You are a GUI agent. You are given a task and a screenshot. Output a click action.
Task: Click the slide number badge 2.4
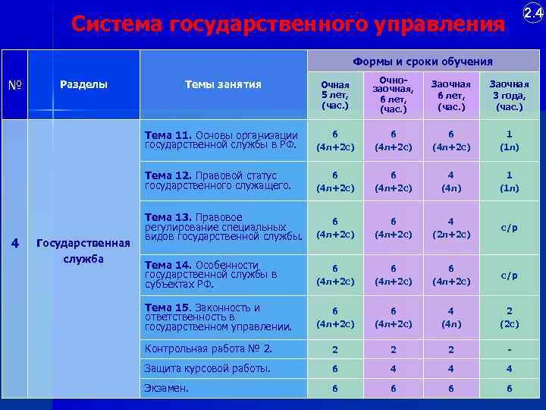coord(532,13)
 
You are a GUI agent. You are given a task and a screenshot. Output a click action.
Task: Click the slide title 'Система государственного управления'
coord(287,24)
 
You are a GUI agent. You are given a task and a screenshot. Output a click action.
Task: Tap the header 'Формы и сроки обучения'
coord(422,61)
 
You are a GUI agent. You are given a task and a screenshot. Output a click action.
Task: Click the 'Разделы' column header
coord(83,84)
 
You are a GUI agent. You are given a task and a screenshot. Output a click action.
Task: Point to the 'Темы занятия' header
coord(223,84)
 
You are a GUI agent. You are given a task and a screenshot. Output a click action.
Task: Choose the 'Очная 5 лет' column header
coord(334,96)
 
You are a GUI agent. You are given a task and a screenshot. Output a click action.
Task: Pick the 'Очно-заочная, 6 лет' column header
coord(392,96)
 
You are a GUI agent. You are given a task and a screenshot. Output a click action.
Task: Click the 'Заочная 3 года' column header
coord(509,96)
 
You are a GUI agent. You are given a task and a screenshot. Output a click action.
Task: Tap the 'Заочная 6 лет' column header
coord(450,96)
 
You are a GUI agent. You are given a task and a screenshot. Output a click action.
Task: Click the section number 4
coord(14,243)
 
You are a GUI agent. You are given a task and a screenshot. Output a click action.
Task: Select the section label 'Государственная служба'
coord(83,251)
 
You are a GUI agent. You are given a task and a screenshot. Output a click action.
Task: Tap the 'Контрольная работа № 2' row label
coord(209,349)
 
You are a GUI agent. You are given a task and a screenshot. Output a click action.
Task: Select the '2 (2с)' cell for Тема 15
coord(509,317)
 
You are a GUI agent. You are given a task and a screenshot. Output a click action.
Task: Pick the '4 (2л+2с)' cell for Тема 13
coord(450,228)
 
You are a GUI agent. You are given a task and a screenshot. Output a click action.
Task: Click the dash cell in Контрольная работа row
coord(509,350)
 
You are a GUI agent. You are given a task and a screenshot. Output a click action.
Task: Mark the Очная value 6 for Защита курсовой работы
coord(334,369)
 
